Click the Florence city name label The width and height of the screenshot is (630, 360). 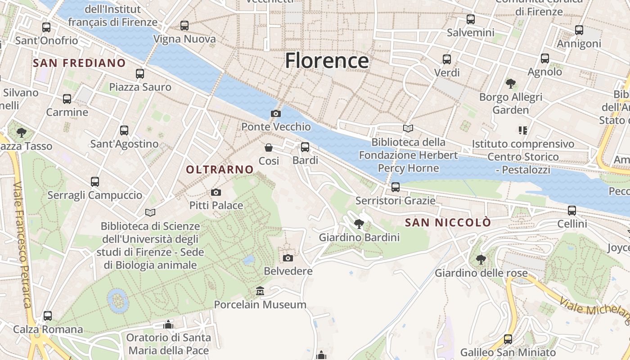[x=327, y=60]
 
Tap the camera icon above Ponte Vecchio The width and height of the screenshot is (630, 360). [x=276, y=114]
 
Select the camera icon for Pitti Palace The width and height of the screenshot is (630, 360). [x=216, y=193]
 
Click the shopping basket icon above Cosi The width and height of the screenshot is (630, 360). [x=269, y=148]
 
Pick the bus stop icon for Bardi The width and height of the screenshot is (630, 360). [x=305, y=147]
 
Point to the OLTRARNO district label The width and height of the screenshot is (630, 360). [x=220, y=170]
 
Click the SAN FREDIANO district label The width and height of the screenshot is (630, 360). [x=79, y=63]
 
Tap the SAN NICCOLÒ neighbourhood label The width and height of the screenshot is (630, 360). [x=448, y=223]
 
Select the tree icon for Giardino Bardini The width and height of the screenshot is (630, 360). [x=359, y=224]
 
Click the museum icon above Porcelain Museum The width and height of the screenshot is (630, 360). [x=260, y=292]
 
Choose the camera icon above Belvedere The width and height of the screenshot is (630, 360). [x=288, y=258]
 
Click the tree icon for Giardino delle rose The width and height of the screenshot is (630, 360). [x=481, y=260]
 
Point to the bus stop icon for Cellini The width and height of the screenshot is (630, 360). [x=572, y=211]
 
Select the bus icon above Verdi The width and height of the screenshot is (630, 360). [x=447, y=59]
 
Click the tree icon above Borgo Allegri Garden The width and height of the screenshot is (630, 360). [x=510, y=84]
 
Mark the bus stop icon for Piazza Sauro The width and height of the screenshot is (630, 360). [x=140, y=74]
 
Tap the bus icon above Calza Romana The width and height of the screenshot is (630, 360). [x=48, y=316]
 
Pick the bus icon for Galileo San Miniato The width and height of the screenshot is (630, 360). [x=508, y=339]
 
